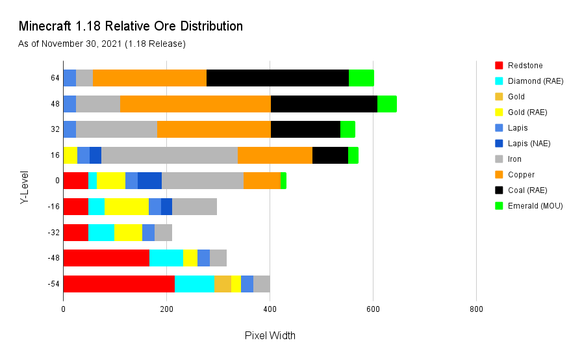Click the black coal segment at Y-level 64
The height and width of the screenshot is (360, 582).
coord(277,78)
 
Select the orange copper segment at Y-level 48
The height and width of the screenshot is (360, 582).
coord(195,103)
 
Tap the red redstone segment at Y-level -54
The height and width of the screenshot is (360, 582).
coord(119,284)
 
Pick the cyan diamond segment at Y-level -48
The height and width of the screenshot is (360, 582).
coord(166,258)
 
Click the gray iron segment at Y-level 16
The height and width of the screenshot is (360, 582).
coord(170,155)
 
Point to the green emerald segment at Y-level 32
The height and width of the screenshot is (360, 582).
coord(348,129)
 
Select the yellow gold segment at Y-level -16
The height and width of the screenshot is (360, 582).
coord(127,207)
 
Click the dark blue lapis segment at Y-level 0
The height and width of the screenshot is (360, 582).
coord(149,181)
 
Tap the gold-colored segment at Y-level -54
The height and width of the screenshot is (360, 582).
coord(222,284)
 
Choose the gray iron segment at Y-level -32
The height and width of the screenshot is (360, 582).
coord(163,232)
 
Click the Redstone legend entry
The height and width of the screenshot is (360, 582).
coord(525,66)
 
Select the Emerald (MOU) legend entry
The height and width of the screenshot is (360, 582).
coord(535,206)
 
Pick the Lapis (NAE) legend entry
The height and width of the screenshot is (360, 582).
coord(529,144)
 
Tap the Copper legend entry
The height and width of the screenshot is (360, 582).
coord(521,175)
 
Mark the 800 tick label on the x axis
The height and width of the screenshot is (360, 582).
coord(476,310)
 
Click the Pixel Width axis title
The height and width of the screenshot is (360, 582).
coord(270,336)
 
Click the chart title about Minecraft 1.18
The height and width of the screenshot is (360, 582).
coord(131,27)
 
